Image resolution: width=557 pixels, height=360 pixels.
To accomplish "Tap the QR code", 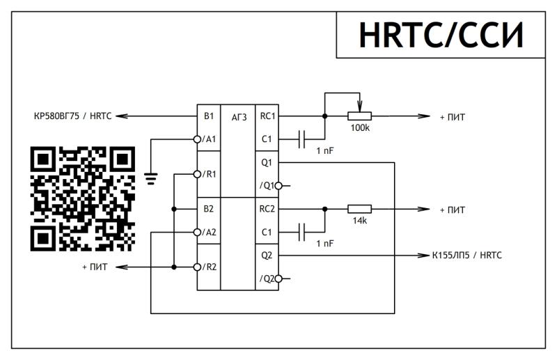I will (82, 198).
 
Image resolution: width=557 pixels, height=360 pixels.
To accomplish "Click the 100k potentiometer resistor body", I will (360, 116).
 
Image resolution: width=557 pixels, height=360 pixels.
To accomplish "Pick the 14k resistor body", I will (360, 209).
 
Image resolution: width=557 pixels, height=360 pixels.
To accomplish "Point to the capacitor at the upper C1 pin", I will (301, 139).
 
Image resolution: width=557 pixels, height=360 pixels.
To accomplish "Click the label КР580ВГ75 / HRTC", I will (72, 117).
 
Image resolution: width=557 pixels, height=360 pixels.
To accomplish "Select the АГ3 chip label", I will (239, 117).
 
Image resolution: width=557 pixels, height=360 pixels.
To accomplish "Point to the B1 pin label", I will (208, 116).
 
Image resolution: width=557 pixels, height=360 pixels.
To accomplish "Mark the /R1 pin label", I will (209, 173).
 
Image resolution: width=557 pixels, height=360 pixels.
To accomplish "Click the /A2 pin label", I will (209, 233).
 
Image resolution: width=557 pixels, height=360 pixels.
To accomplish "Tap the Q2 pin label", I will (267, 256).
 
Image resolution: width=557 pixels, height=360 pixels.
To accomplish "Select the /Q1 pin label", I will (267, 186).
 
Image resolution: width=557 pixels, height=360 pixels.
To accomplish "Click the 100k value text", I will (360, 129).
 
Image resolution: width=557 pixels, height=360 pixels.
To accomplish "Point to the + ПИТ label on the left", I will (95, 267).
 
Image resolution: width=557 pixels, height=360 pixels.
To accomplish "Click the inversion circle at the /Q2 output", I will (278, 279).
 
